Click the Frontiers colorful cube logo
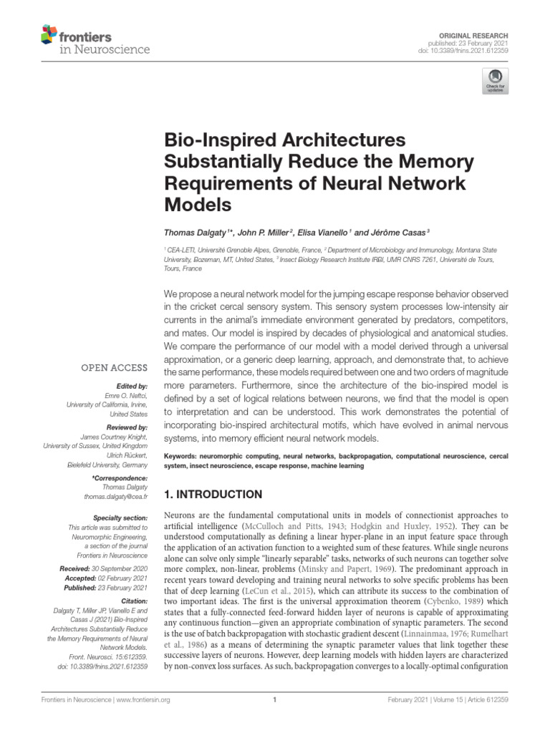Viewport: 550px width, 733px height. tap(49, 34)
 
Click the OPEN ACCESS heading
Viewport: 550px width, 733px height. tap(114, 368)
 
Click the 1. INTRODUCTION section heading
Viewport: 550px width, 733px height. tap(214, 495)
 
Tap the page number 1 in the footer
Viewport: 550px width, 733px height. tap(275, 700)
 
